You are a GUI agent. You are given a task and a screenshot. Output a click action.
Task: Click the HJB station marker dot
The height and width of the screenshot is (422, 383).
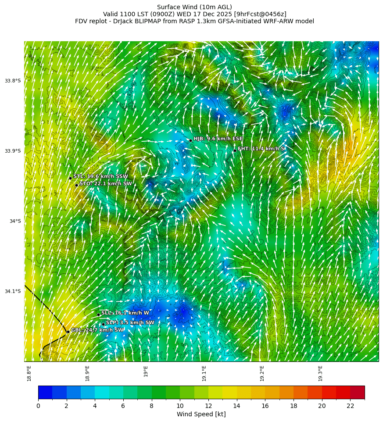coord(190,140)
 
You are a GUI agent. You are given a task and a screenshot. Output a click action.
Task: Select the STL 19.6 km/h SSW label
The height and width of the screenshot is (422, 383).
coord(100,176)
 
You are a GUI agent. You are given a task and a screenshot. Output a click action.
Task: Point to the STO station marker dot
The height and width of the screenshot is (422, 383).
coord(76,185)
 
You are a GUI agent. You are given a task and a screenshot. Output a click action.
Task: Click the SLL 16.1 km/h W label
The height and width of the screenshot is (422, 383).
coord(125,313)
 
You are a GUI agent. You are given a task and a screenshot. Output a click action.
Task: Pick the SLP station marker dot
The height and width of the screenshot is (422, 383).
coord(104,325)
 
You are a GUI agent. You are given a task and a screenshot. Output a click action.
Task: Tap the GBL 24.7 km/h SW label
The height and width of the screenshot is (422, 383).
coord(97,330)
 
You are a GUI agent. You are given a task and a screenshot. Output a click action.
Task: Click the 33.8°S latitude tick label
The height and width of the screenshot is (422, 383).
coord(13,81)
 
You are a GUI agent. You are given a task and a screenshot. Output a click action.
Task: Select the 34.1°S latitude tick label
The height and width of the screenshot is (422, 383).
coord(13,291)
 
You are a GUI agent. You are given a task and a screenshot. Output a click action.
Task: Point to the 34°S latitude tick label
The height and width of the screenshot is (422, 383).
coord(15,221)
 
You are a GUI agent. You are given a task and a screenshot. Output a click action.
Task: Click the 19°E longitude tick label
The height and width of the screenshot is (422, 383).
coord(146,371)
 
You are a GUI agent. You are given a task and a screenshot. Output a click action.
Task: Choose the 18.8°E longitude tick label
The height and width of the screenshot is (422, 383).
coord(29,373)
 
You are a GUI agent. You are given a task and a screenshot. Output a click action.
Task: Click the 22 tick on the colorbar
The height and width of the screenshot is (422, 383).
coord(350,406)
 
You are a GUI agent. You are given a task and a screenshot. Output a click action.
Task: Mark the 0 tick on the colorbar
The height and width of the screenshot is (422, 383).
coord(38,406)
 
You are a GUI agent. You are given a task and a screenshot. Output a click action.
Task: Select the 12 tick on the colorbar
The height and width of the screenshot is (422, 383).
coord(208,406)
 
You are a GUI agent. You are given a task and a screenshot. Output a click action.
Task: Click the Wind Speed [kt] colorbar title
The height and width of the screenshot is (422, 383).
coord(201,415)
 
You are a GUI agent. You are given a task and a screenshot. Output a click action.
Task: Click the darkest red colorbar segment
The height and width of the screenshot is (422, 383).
coord(357,392)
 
